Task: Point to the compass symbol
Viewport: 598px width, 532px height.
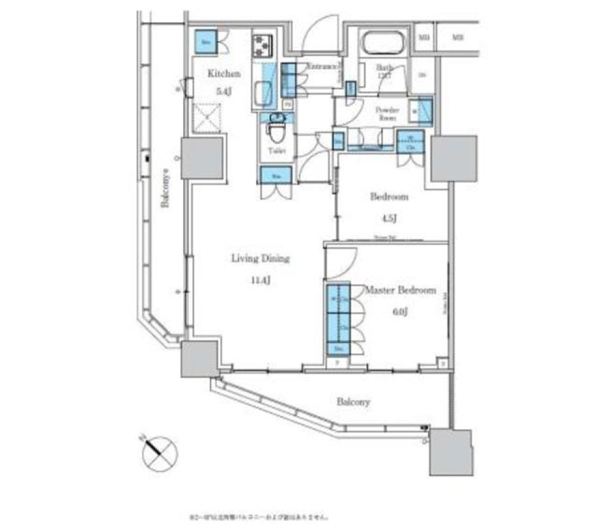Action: click(159, 454)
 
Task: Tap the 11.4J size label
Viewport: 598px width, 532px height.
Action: click(260, 280)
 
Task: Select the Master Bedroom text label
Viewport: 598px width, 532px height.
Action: click(399, 290)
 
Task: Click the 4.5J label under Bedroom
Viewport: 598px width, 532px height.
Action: click(389, 218)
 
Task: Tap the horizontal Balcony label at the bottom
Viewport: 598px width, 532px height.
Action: click(353, 402)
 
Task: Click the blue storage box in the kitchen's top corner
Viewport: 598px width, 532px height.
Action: click(206, 42)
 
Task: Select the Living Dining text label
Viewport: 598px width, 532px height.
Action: click(260, 259)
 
